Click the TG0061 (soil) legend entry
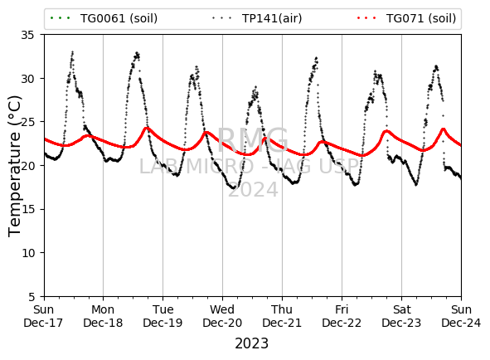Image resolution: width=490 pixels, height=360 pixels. [x=104, y=18]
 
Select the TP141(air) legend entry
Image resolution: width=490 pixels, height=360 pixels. [x=257, y=18]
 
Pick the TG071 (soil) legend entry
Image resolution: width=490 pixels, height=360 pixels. [x=406, y=18]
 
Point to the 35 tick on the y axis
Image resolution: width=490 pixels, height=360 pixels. [x=27, y=35]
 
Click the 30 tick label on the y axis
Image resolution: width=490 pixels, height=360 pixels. [x=27, y=79]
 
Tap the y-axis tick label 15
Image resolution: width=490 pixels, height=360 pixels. [x=27, y=209]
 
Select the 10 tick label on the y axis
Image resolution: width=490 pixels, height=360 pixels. [x=27, y=253]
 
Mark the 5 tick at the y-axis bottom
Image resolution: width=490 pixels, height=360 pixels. [x=32, y=296]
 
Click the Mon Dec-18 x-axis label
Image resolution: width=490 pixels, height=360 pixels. [x=103, y=316]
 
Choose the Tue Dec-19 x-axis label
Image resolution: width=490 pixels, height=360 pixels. [x=163, y=316]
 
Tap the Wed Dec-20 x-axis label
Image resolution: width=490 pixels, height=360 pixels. [x=222, y=316]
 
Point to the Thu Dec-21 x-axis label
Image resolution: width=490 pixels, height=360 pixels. [x=282, y=316]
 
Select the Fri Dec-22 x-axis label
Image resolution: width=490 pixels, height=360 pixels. [x=342, y=316]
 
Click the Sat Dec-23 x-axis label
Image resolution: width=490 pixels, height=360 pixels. [x=401, y=316]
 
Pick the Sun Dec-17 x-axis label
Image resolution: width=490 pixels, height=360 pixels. [x=43, y=316]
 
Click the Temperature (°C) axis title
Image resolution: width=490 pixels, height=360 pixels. [x=14, y=166]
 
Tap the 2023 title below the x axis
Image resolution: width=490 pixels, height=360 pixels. [x=252, y=343]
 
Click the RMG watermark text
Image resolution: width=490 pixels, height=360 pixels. [x=253, y=140]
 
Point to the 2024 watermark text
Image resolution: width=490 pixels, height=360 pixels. [x=253, y=190]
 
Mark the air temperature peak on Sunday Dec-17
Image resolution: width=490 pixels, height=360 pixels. [x=72, y=51]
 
